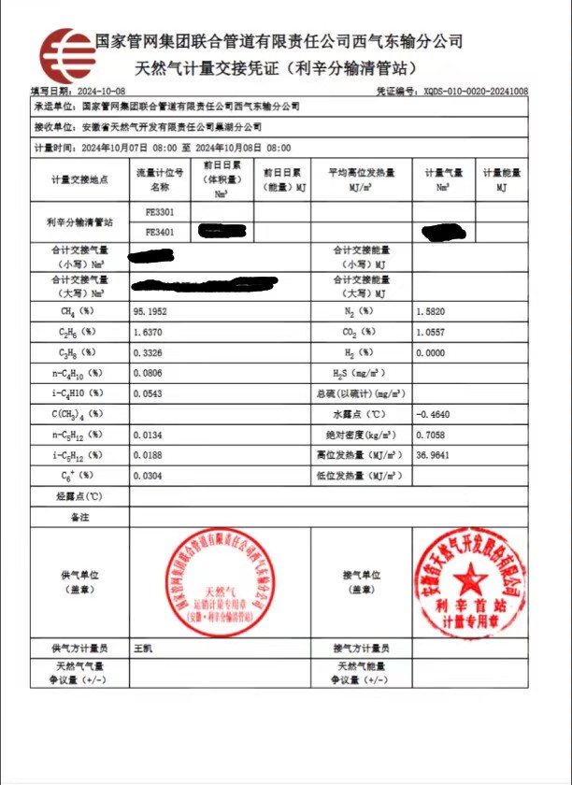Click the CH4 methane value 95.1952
coord(152,310)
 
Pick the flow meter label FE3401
coord(159,231)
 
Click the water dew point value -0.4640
coord(433,413)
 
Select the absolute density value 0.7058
coord(431,435)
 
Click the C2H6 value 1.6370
coord(150,332)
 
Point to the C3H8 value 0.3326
coord(150,352)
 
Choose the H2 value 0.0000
coord(431,352)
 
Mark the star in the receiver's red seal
coord(469,575)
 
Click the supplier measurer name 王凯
coord(143,648)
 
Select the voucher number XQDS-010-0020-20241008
coord(475,92)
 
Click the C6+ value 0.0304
coord(150,476)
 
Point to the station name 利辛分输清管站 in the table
coord(79,222)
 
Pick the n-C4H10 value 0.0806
coord(150,373)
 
